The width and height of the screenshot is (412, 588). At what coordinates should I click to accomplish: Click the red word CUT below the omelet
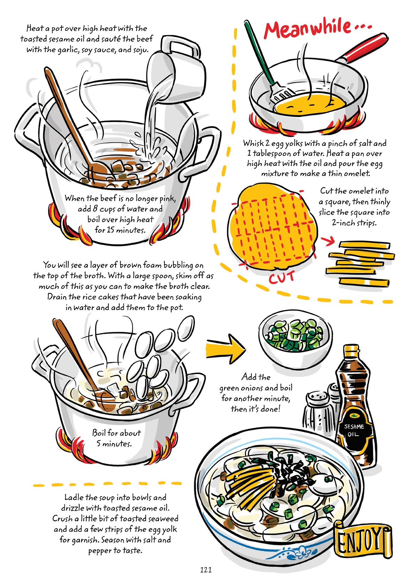[x=282, y=277]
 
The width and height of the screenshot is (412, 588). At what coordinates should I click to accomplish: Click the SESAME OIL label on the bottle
[x=354, y=430]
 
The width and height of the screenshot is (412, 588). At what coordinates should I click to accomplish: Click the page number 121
[x=206, y=570]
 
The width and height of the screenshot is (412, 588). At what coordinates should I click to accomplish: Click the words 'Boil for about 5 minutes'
[x=116, y=438]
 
